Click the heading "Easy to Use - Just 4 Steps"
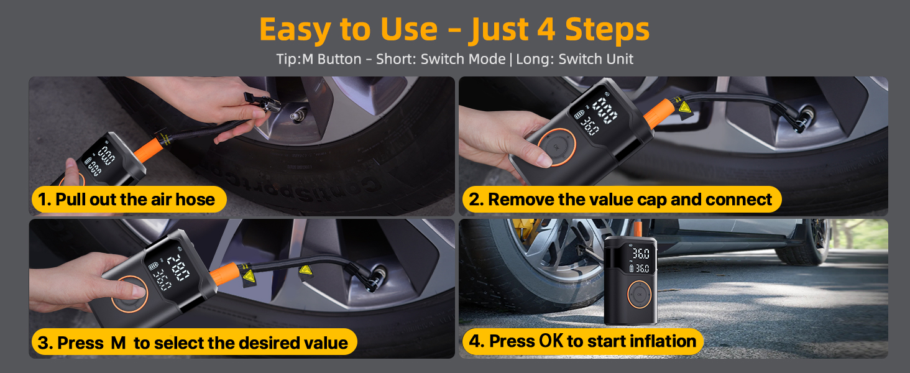coord(454,30)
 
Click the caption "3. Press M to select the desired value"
coord(193,343)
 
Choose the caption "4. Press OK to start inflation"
coord(583,341)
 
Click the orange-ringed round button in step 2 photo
coord(555,147)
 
